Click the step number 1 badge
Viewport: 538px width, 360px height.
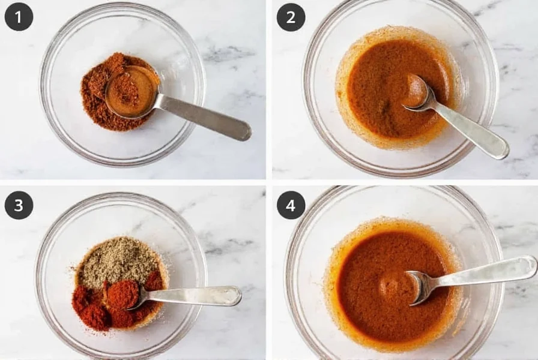pyautogui.click(x=19, y=17)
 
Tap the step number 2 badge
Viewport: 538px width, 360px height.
pyautogui.click(x=291, y=17)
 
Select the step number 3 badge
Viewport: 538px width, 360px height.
pyautogui.click(x=19, y=205)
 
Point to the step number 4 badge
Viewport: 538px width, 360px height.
pyautogui.click(x=291, y=205)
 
